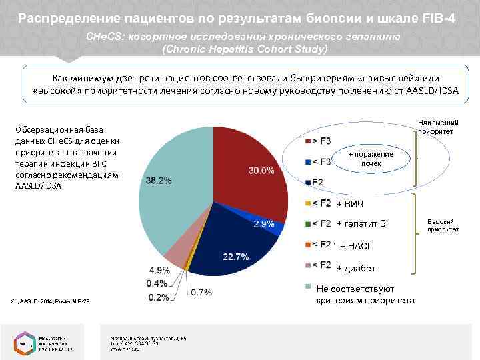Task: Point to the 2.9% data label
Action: [x=264, y=224]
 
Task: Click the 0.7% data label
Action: [x=201, y=292]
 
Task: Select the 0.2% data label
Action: [x=159, y=297]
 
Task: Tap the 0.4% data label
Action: [x=159, y=284]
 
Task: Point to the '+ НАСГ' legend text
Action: [x=357, y=247]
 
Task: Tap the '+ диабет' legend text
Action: [x=356, y=268]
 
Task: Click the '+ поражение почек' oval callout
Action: [x=371, y=159]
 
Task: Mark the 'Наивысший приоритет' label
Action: [x=438, y=127]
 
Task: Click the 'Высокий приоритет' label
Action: [x=441, y=225]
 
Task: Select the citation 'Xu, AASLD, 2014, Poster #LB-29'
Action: [x=50, y=304]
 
